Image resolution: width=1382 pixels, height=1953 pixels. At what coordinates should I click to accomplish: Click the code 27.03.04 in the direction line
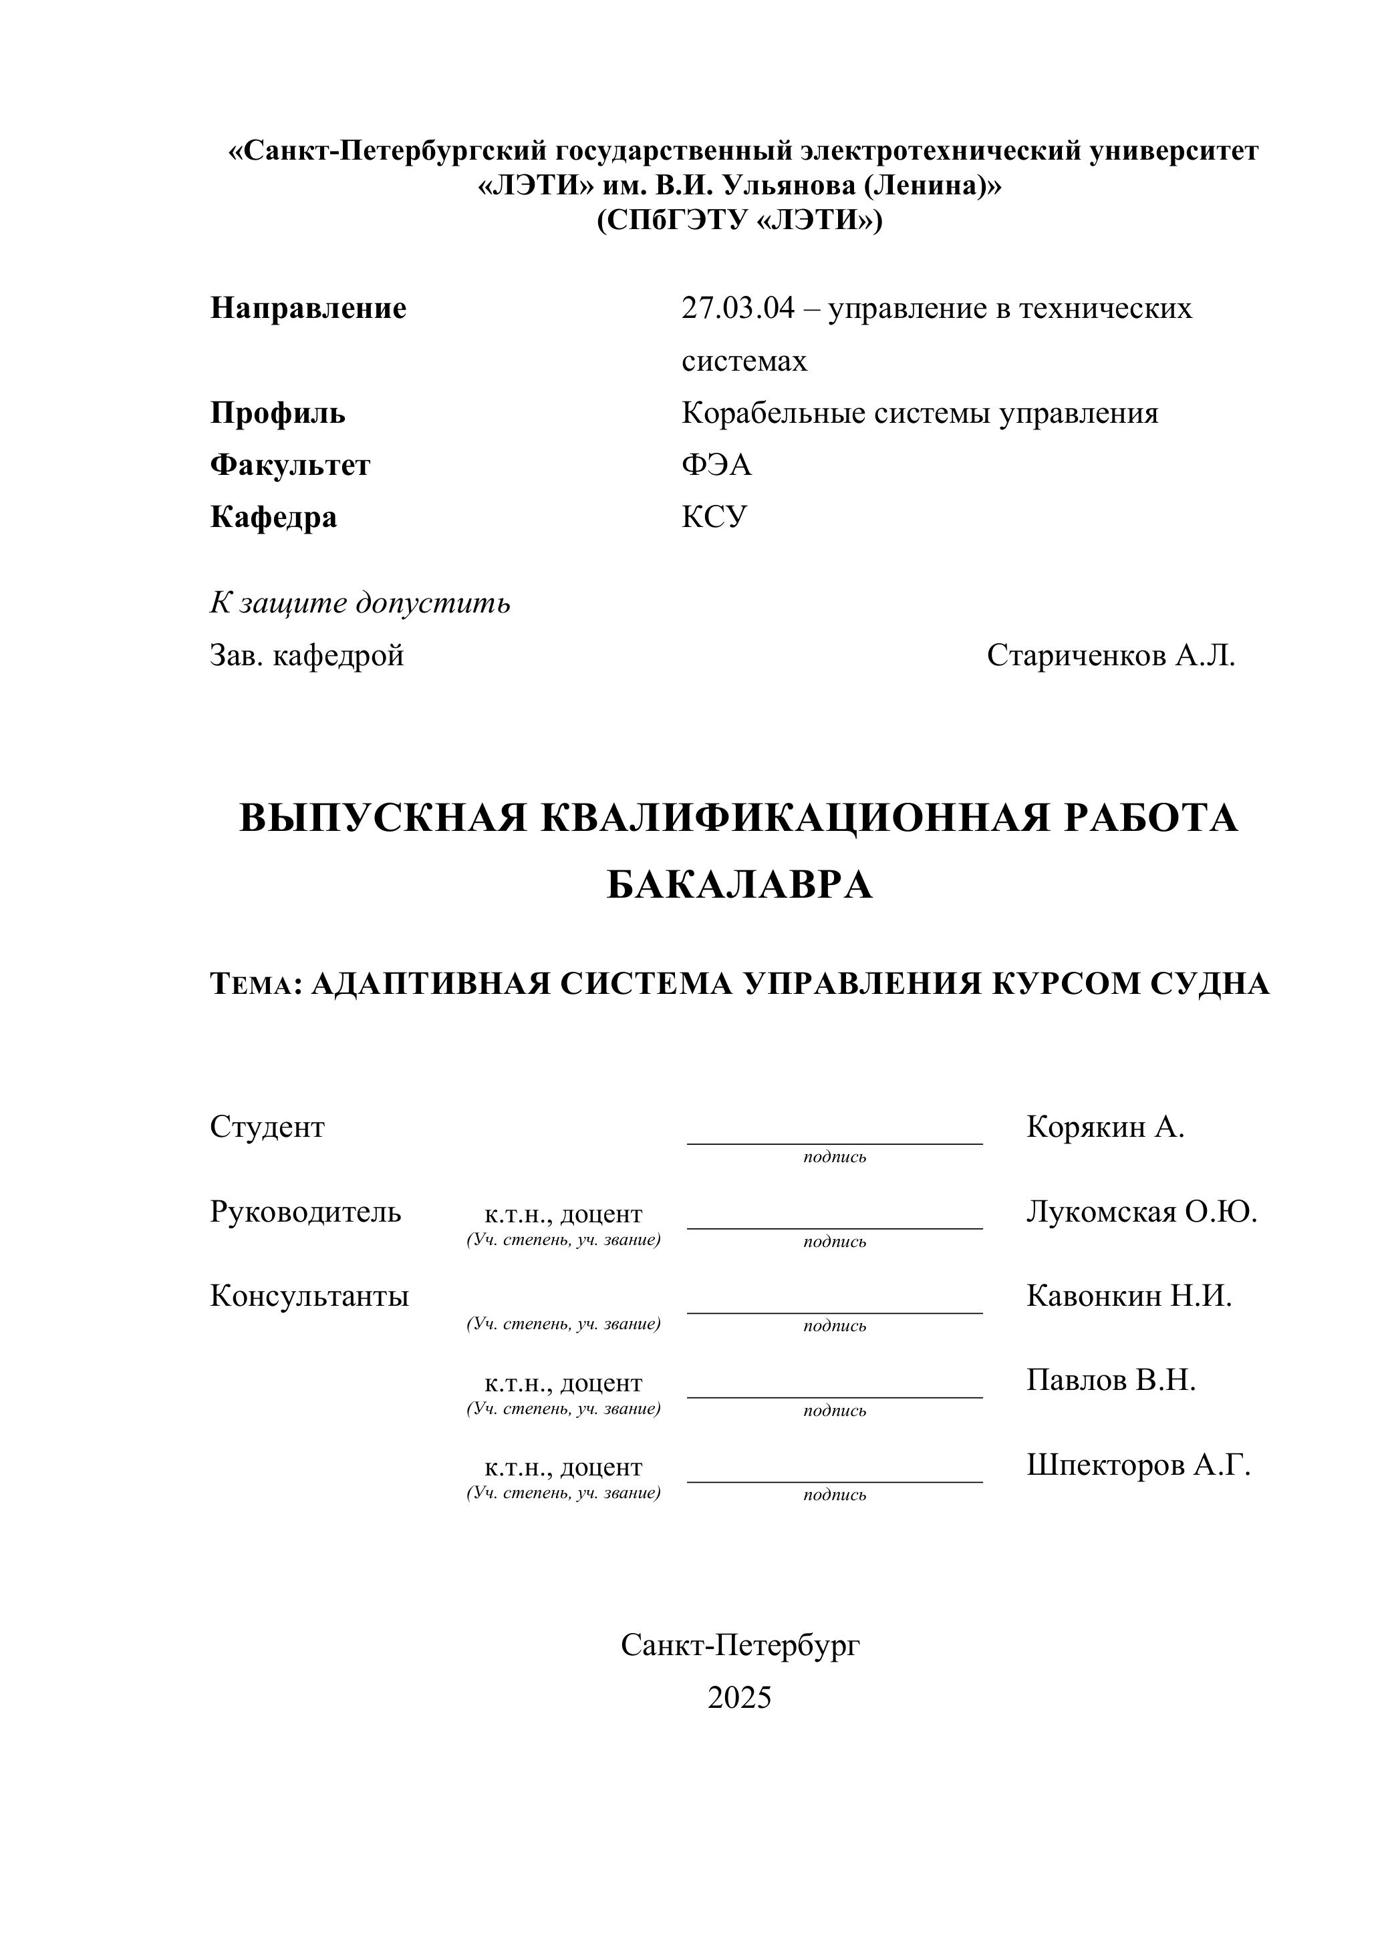click(738, 308)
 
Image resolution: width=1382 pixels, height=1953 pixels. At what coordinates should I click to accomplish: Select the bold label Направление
click(308, 308)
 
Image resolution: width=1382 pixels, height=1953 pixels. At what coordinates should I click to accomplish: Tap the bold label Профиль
click(277, 413)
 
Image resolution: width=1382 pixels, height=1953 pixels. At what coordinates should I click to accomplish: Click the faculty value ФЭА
click(716, 466)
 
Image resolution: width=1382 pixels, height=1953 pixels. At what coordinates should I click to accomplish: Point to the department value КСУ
click(714, 517)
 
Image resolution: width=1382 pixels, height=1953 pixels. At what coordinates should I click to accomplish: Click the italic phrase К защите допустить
click(360, 603)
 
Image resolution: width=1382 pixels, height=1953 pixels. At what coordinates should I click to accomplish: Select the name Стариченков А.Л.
click(1111, 656)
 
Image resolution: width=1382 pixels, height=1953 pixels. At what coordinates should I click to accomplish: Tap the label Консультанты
click(309, 1296)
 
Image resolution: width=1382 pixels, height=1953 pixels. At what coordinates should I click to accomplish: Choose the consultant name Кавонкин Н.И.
click(1129, 1296)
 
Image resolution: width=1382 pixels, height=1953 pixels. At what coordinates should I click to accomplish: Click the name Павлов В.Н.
click(1111, 1380)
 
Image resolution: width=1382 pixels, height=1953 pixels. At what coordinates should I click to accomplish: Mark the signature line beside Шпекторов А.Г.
click(834, 1481)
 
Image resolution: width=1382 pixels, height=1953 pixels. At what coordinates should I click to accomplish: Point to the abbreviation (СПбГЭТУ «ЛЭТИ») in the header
click(740, 220)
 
